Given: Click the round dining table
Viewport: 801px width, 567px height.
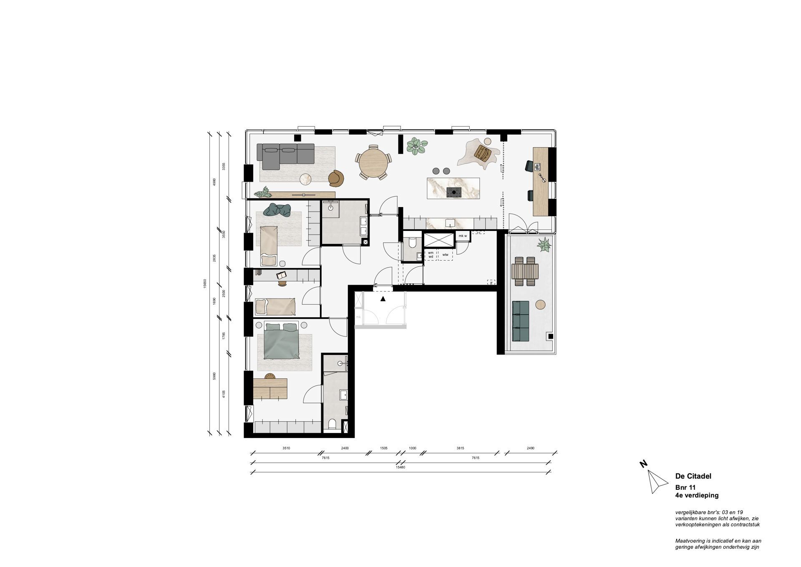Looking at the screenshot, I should click(x=373, y=162).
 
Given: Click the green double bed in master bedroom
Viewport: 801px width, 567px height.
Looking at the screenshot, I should click(x=281, y=341).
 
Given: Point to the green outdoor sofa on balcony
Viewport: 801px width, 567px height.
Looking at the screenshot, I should click(x=520, y=320).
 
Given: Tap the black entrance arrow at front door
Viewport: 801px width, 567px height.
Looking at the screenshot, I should click(x=383, y=299).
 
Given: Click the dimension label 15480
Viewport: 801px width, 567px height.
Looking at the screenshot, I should click(x=400, y=467).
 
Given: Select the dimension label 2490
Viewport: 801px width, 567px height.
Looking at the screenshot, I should click(x=530, y=448).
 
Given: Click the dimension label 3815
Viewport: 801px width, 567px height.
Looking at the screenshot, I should click(x=460, y=448).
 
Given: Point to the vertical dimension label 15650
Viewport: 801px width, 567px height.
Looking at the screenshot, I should click(x=205, y=283).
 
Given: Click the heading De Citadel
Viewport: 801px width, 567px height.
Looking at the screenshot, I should click(x=693, y=476).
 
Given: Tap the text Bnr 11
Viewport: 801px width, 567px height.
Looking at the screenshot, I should click(x=685, y=487).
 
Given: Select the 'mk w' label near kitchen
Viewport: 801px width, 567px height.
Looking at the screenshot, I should click(x=463, y=236).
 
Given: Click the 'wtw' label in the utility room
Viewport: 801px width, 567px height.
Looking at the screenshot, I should click(x=445, y=255).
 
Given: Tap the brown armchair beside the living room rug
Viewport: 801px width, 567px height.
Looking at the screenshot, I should click(x=336, y=178).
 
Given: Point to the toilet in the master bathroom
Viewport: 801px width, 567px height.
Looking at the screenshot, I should click(x=332, y=425).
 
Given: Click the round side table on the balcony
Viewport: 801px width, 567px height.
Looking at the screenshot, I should click(x=541, y=304).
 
